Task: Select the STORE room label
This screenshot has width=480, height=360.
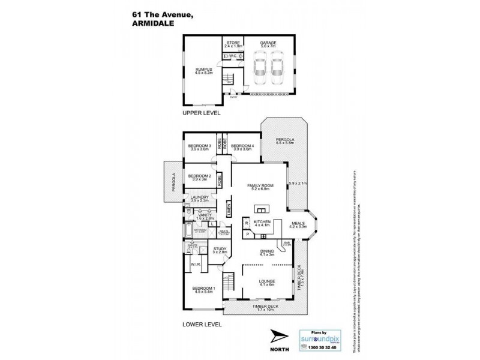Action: click(232, 43)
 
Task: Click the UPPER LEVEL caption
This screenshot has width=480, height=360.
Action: click(202, 113)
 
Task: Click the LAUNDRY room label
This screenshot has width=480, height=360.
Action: click(199, 197)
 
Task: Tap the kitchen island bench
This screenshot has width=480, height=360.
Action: click(262, 209)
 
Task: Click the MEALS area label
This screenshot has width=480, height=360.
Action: click(298, 223)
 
